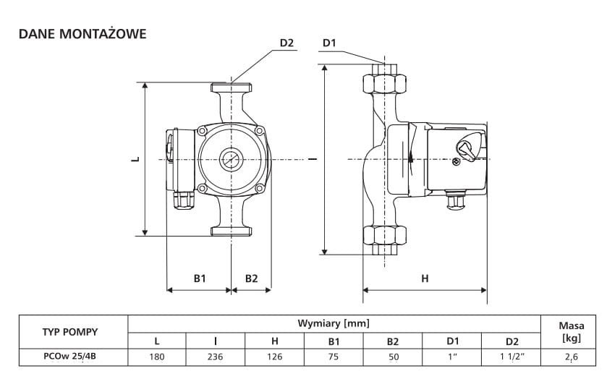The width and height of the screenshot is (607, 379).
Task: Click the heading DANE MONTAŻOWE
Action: pos(82,34)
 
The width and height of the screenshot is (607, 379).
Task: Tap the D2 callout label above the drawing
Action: pos(286,43)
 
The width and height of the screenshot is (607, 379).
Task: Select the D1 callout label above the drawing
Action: pos(329,43)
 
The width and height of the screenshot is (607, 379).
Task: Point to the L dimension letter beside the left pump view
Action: pos(135,158)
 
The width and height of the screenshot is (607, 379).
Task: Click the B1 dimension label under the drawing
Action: pos(200,278)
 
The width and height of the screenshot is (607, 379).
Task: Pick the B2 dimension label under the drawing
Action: pos(251,278)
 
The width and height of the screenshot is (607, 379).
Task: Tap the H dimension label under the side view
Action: pos(425,278)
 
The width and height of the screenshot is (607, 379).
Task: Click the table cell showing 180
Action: pos(157,357)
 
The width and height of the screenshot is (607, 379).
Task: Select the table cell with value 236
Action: pos(216,357)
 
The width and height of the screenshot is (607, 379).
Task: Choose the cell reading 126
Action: pos(274,357)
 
